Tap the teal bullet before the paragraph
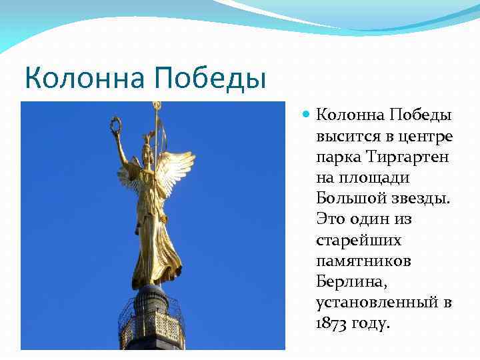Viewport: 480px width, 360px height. (306, 115)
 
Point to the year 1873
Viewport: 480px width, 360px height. (332, 323)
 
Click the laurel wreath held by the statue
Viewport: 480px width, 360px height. (116, 124)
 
